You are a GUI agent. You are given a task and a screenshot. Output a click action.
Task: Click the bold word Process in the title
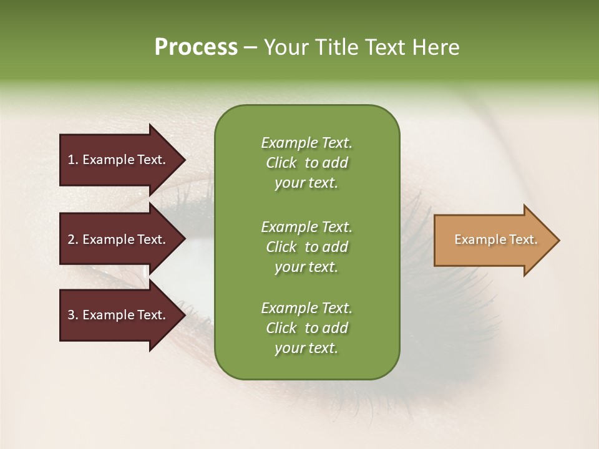[x=196, y=47]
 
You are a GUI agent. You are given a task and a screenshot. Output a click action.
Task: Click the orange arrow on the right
[x=493, y=240]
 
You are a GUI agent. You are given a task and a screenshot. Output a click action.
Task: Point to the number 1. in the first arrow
[x=73, y=160]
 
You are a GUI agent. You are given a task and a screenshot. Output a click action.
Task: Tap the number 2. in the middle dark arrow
[x=73, y=239]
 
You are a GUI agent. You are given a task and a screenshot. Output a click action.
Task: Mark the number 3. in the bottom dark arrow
[x=73, y=315]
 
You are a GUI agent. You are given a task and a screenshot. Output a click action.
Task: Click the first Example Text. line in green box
[x=306, y=143]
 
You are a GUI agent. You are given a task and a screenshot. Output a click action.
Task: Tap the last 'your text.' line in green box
[x=306, y=349]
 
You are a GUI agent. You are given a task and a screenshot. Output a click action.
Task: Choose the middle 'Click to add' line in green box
[x=306, y=247]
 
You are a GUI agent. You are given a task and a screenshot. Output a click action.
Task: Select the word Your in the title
[x=286, y=47]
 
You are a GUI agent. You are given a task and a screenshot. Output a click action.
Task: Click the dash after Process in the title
[x=251, y=47]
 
